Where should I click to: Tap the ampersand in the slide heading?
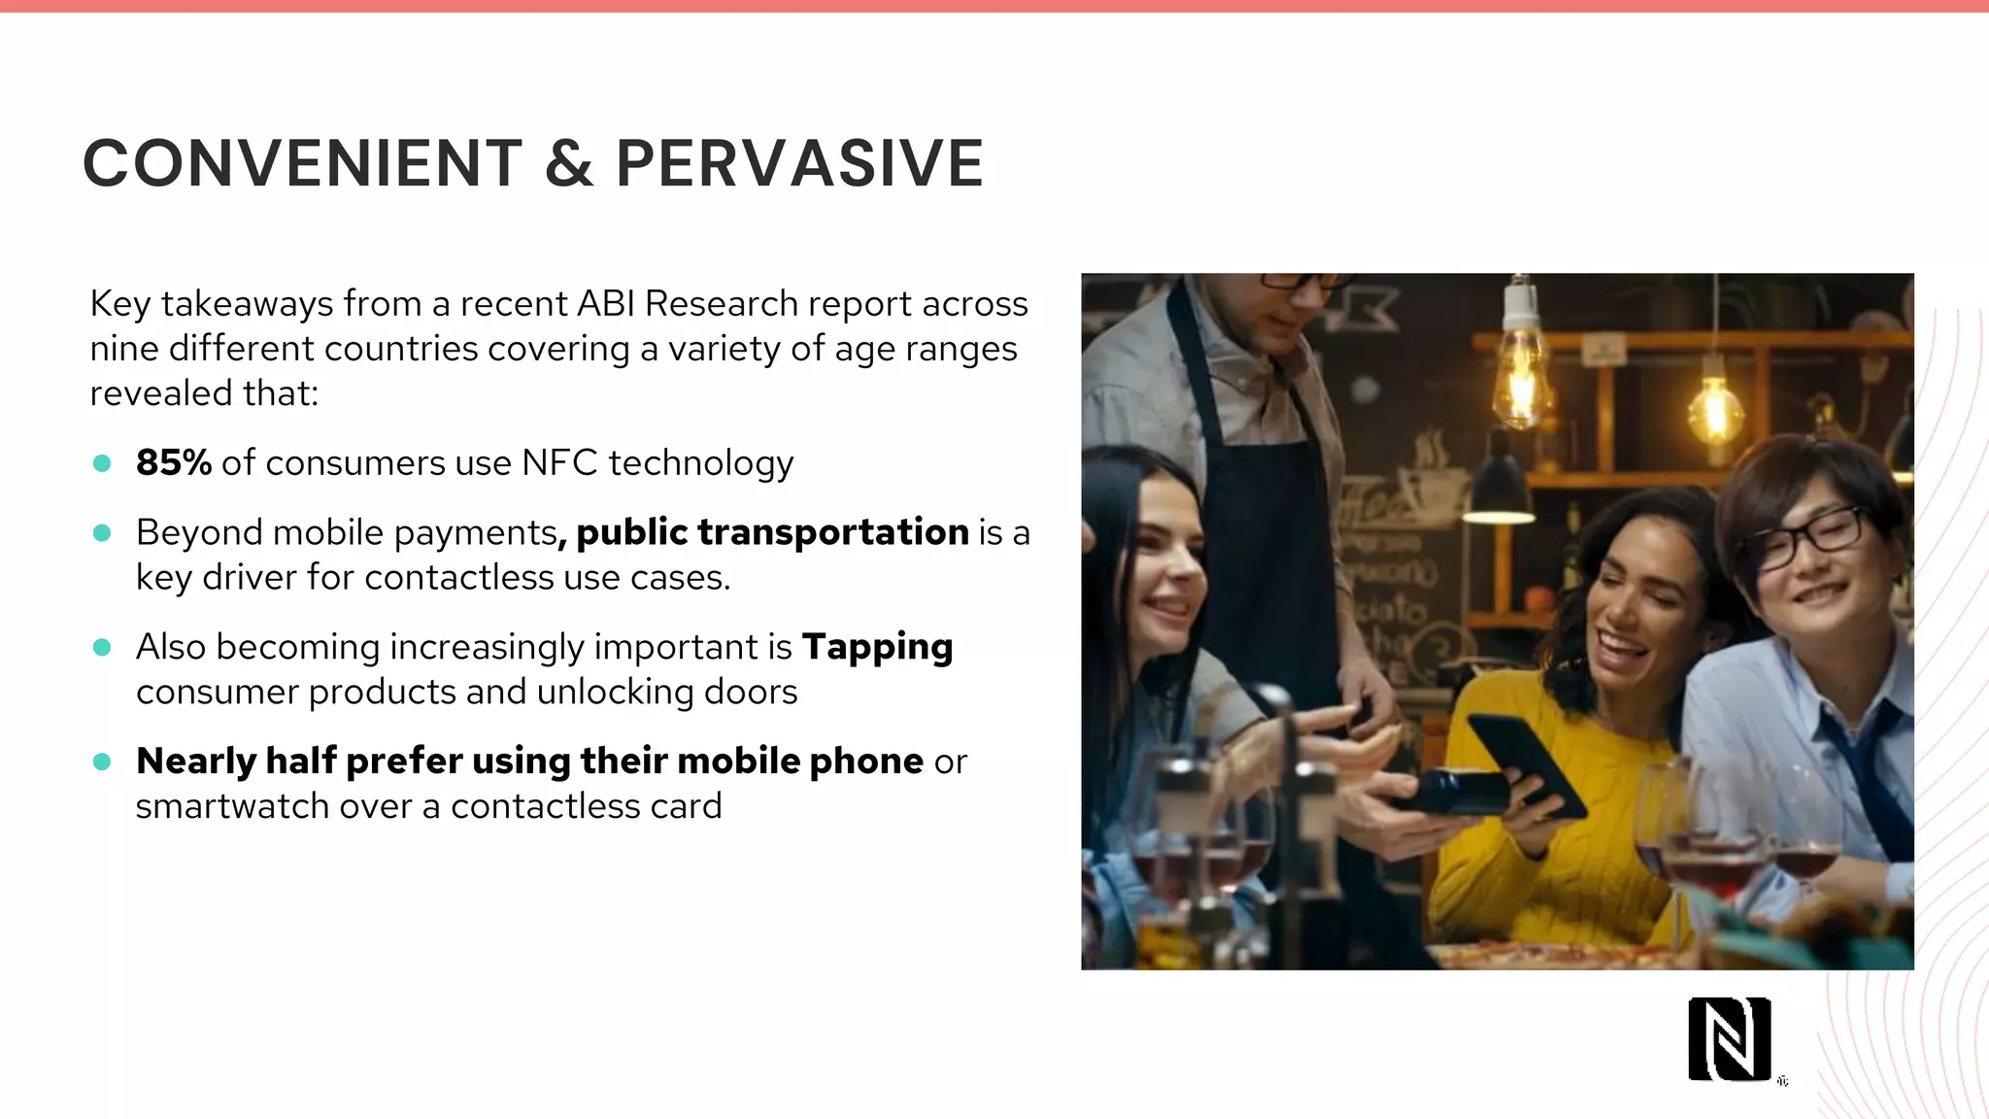point(569,163)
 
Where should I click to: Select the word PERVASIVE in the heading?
point(800,163)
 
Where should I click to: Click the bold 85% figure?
point(174,462)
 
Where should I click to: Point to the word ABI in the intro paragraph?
point(605,304)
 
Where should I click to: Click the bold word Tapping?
point(877,647)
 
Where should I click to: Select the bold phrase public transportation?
point(772,532)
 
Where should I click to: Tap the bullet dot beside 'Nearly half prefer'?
point(102,762)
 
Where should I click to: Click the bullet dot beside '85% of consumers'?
point(102,463)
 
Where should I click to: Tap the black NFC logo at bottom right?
point(1729,1038)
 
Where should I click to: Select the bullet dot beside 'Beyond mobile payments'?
point(102,532)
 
